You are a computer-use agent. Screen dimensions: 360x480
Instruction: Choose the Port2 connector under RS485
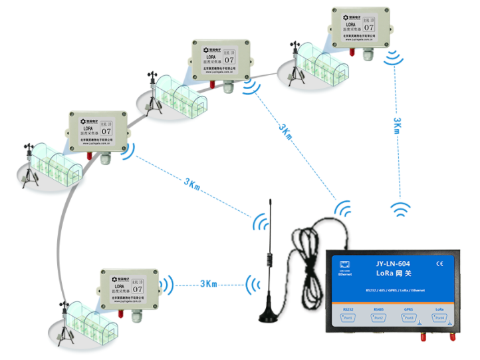point(378,319)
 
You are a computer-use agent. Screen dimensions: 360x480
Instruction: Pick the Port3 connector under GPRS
point(409,319)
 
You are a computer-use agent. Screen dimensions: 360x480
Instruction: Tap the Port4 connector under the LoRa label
point(439,319)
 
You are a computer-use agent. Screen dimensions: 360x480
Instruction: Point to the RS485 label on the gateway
point(378,309)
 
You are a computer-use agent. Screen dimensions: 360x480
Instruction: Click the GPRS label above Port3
point(409,309)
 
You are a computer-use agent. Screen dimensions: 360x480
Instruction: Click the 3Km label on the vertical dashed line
point(397,126)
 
